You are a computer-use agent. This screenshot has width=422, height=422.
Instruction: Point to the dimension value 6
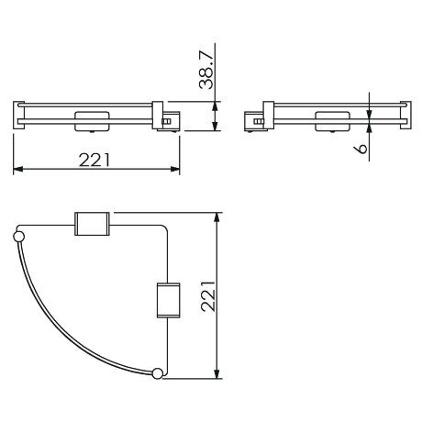click(364, 146)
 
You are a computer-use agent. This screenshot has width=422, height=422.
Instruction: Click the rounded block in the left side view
click(91, 119)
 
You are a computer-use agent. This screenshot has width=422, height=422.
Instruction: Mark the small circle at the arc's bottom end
click(158, 372)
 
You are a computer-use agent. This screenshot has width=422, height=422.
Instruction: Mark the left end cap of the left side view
click(17, 114)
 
